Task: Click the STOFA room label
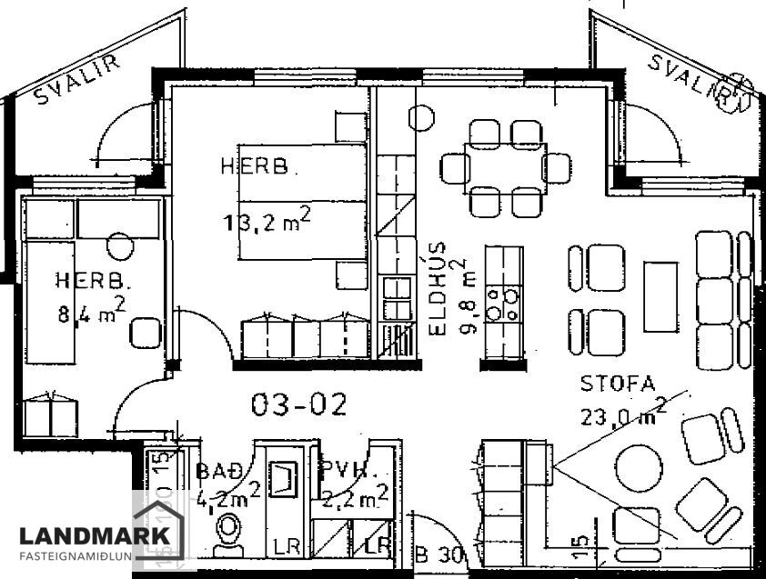618,384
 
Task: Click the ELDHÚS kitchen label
438,288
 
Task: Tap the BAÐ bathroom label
215,472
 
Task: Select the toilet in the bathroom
228,534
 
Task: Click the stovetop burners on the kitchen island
504,304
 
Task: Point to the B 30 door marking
439,554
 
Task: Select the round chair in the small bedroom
119,245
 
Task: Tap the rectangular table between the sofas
660,297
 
